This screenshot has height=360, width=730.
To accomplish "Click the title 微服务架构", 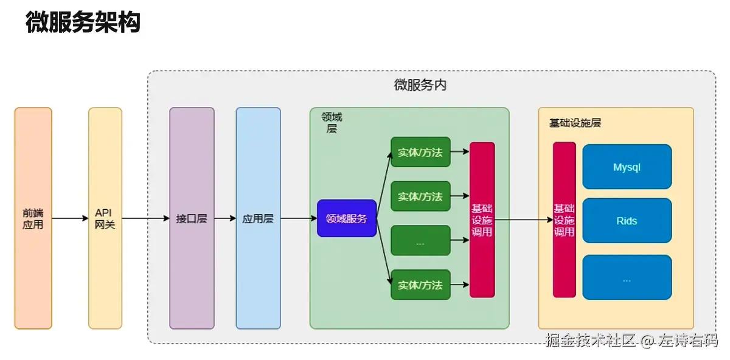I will point(83,22).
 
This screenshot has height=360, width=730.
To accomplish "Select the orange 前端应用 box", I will point(33,218).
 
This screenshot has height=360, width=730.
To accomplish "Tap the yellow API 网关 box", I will point(105,218).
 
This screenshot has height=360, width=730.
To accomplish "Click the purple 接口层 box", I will point(192,218).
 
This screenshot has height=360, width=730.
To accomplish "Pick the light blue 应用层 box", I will point(258,218).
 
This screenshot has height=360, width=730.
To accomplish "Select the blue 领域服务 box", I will point(346,218).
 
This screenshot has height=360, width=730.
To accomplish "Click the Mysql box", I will point(627,167).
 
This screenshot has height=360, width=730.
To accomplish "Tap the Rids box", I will point(627,221).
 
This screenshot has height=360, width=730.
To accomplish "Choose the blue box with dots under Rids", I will point(627,277).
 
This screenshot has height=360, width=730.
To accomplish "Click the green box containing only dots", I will point(420,241).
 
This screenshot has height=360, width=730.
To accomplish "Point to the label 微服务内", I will point(420,85).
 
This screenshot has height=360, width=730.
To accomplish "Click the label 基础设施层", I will point(575,123).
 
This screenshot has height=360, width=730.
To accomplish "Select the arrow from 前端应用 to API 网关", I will point(70,218).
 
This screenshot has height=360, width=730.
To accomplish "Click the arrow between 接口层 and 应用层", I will point(225,218).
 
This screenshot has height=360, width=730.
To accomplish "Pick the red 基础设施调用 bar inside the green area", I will point(482,220).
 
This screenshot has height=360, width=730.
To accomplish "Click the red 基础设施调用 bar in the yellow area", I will point(564,220).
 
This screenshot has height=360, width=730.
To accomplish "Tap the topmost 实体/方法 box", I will point(420,152).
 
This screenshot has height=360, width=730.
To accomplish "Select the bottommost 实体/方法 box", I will point(420,285).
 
